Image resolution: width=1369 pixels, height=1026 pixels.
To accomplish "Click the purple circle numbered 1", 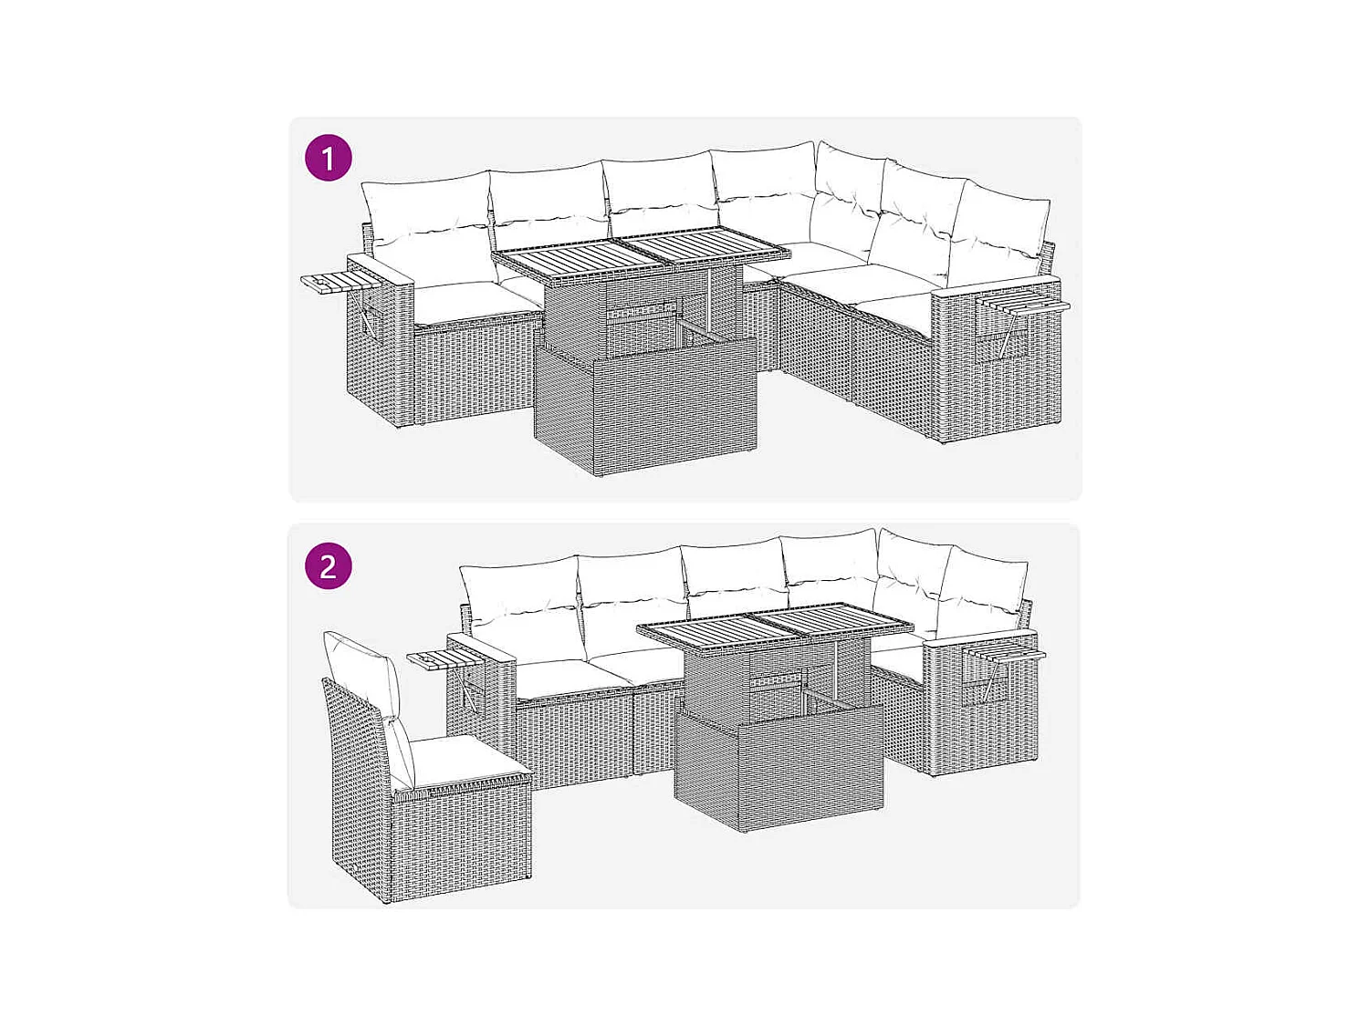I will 328,158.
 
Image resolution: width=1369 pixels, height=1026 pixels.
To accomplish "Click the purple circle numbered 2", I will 328,565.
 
